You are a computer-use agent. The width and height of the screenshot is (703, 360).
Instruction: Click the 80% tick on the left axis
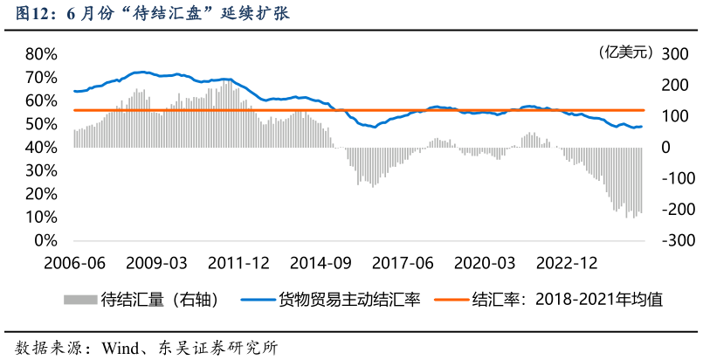pyautogui.click(x=40, y=53)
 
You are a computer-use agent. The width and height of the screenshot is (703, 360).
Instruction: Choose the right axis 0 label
pyautogui.click(x=665, y=147)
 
